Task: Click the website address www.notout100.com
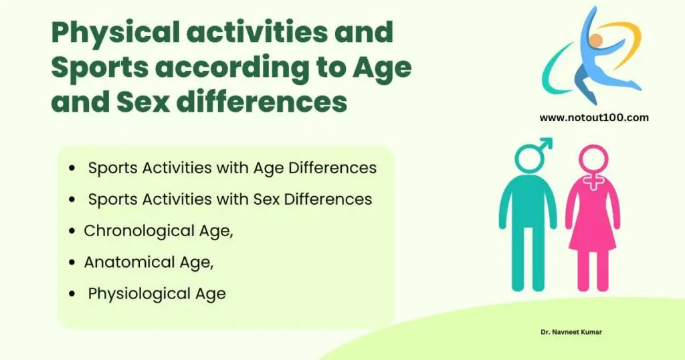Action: pos(594,118)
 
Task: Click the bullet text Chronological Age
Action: pos(158,231)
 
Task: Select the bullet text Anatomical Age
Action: pos(149,262)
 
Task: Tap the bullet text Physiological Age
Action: pos(157,293)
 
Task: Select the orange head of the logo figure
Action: pos(596,41)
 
